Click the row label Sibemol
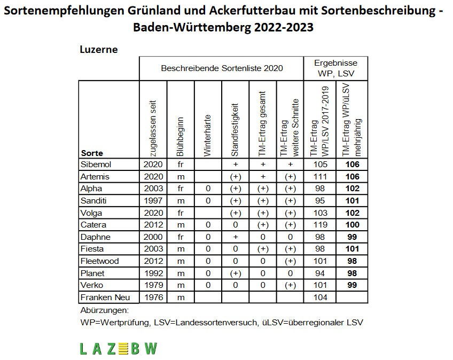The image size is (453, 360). coord(96,165)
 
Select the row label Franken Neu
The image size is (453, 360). coord(105,298)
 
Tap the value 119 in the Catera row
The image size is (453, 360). coord(320,225)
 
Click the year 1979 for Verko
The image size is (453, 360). coord(153,285)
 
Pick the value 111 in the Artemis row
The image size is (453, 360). coord(320,177)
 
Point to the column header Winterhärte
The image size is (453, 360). coord(207,136)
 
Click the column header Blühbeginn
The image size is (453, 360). coord(180,137)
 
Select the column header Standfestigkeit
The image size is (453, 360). coord(235,130)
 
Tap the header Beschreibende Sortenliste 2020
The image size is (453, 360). coord(222,68)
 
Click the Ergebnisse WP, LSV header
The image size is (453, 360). coord(335,68)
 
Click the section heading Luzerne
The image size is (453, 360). coord(99,49)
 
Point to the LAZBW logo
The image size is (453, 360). coord(119,348)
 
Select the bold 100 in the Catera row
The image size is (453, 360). coord(352,225)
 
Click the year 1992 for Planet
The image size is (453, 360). coord(153,273)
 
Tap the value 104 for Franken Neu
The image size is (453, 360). coord(320,298)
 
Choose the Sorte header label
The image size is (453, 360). coord(92,153)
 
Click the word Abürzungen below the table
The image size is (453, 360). coord(105,311)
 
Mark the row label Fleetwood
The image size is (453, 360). coord(100,261)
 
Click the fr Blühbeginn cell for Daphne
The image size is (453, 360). coord(181,237)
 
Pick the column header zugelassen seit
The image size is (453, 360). coord(153,129)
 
